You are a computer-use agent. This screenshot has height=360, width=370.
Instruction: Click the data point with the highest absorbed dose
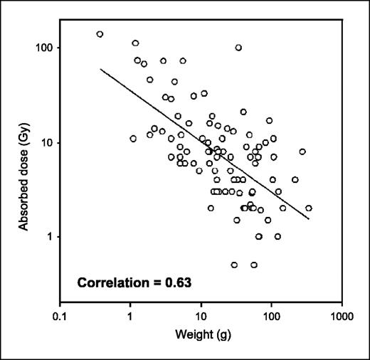100,34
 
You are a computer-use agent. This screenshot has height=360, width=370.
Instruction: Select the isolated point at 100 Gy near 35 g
238,48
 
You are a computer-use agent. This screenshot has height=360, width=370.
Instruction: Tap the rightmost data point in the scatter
309,208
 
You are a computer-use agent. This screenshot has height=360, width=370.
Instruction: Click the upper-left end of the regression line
100,69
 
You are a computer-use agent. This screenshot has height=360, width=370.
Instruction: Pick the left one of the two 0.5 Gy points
234,265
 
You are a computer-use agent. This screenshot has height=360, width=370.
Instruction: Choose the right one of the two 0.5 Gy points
253,265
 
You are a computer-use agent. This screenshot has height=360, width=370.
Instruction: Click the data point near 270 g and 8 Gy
302,152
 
